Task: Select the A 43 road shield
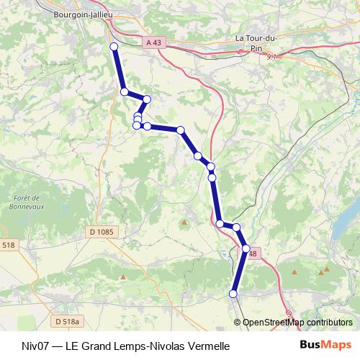tap(153, 43)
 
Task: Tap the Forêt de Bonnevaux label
tap(30, 202)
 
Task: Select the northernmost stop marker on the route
tap(113, 47)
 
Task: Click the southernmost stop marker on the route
tap(233, 293)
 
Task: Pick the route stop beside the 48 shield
tap(246, 248)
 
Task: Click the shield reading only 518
tap(7, 246)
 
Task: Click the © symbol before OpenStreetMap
tap(238, 322)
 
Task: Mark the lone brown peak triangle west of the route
tap(184, 222)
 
